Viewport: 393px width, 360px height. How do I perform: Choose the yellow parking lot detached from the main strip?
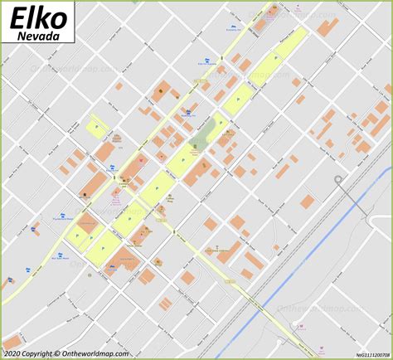[96, 129]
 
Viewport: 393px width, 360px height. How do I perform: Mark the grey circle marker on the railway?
[337, 179]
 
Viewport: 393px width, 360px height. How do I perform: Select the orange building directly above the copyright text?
[12, 341]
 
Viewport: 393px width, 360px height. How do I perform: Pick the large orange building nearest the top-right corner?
[327, 25]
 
